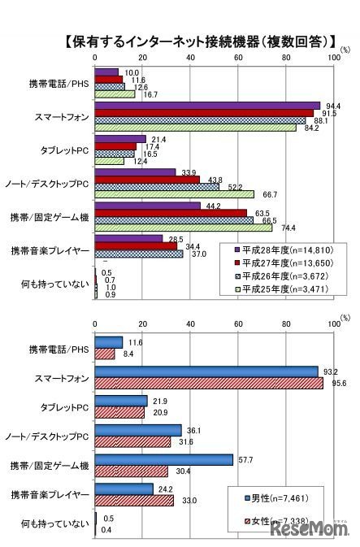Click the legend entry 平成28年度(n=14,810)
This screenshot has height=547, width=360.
[284, 250]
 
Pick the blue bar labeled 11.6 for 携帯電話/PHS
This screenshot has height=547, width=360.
[109, 343]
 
